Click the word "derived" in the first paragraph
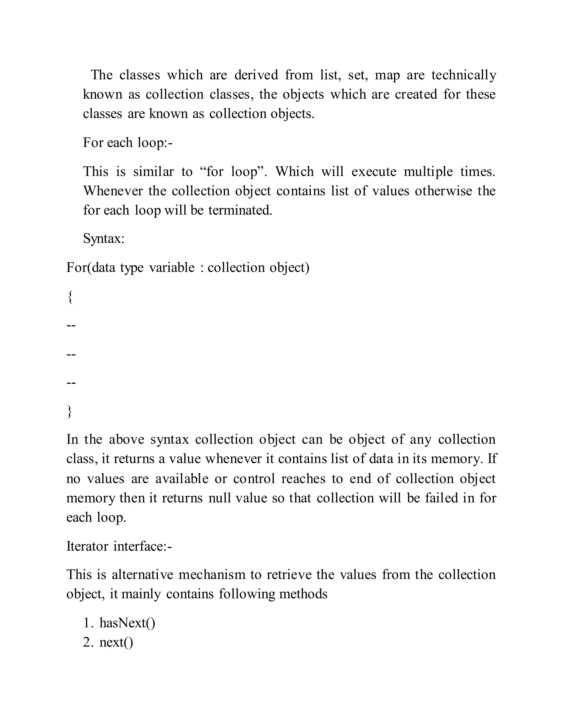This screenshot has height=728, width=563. coord(256,75)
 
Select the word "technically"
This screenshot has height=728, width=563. coord(463,75)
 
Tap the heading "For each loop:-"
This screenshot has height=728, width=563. coord(128,143)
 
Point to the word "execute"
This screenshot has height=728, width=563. coord(374,172)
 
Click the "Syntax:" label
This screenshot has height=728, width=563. coord(103,239)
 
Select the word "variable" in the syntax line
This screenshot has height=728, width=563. coord(172,268)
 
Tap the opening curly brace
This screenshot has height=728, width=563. coord(70,297)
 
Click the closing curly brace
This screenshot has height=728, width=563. coord(70,411)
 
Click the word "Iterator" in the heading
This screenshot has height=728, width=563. coord(87,546)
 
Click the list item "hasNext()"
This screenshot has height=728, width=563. coord(127,623)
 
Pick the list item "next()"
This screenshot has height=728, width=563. coord(116,642)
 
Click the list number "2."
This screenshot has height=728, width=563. coord(88,642)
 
